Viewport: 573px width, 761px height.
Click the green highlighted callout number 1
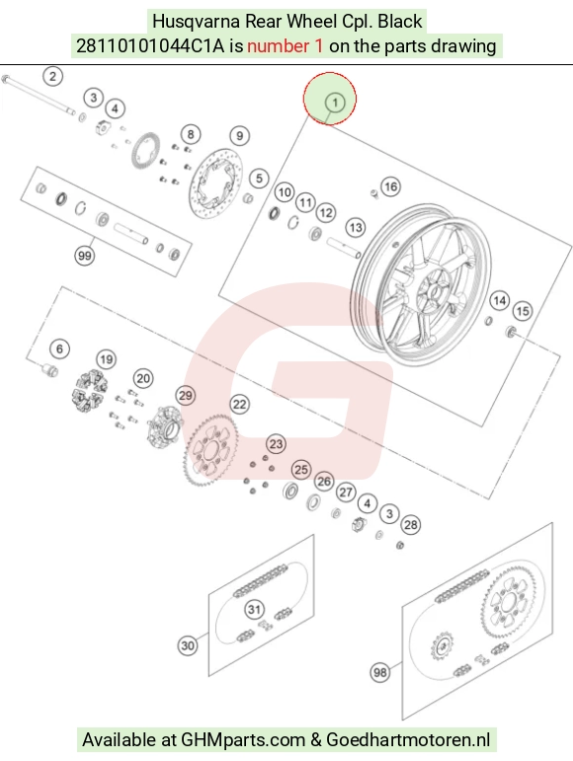(x=335, y=103)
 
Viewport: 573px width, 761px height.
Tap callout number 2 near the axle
(x=53, y=76)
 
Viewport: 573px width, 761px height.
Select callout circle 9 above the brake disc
(x=239, y=136)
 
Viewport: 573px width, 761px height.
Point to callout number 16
(x=390, y=187)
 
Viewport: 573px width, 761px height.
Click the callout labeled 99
(x=85, y=256)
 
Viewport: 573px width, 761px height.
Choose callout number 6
(x=59, y=349)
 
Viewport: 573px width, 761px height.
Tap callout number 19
(x=107, y=359)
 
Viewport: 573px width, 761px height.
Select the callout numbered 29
(x=186, y=396)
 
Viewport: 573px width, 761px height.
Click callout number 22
(x=239, y=405)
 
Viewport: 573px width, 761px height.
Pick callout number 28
(x=411, y=525)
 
